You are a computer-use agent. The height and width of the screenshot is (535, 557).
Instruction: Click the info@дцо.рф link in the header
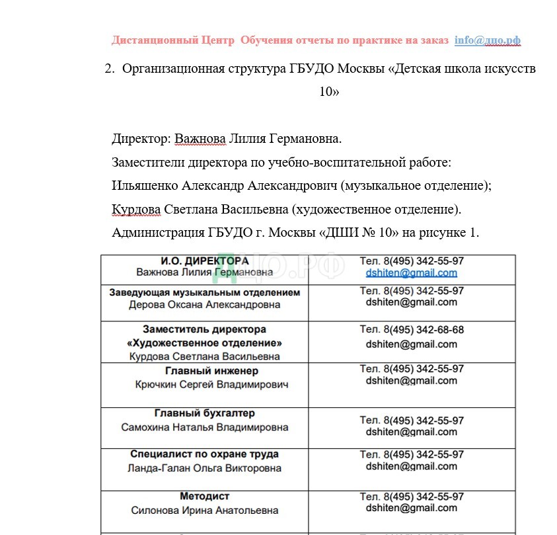tap(487, 40)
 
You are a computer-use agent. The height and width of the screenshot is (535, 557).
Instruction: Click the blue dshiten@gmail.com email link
tap(411, 272)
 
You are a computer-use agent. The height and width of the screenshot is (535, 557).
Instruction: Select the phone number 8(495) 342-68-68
tap(424, 329)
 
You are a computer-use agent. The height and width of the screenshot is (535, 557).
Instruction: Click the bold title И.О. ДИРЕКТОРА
tap(205, 261)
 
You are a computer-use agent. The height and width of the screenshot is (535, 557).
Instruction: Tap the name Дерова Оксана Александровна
tap(204, 305)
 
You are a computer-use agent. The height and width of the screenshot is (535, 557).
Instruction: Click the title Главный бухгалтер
tap(204, 413)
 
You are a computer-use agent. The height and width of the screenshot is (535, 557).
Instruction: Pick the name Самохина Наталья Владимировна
tap(205, 427)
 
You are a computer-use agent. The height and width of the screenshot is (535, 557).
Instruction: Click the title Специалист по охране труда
tap(204, 454)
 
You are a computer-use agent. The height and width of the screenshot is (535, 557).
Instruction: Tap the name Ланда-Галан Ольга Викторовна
tap(204, 468)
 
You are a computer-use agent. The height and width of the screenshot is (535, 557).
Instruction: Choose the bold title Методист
tap(204, 496)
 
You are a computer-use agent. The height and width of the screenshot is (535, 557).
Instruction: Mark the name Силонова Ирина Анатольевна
tap(204, 510)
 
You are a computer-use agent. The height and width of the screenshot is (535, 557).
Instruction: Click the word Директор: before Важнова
tap(141, 139)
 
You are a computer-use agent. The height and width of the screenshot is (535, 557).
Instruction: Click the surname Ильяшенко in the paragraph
tap(145, 186)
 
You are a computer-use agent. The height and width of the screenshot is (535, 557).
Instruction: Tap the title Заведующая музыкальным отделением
tap(204, 292)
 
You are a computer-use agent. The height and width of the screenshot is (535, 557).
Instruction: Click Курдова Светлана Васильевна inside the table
tap(204, 356)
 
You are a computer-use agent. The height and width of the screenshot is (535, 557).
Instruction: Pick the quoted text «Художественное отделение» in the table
tap(204, 343)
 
